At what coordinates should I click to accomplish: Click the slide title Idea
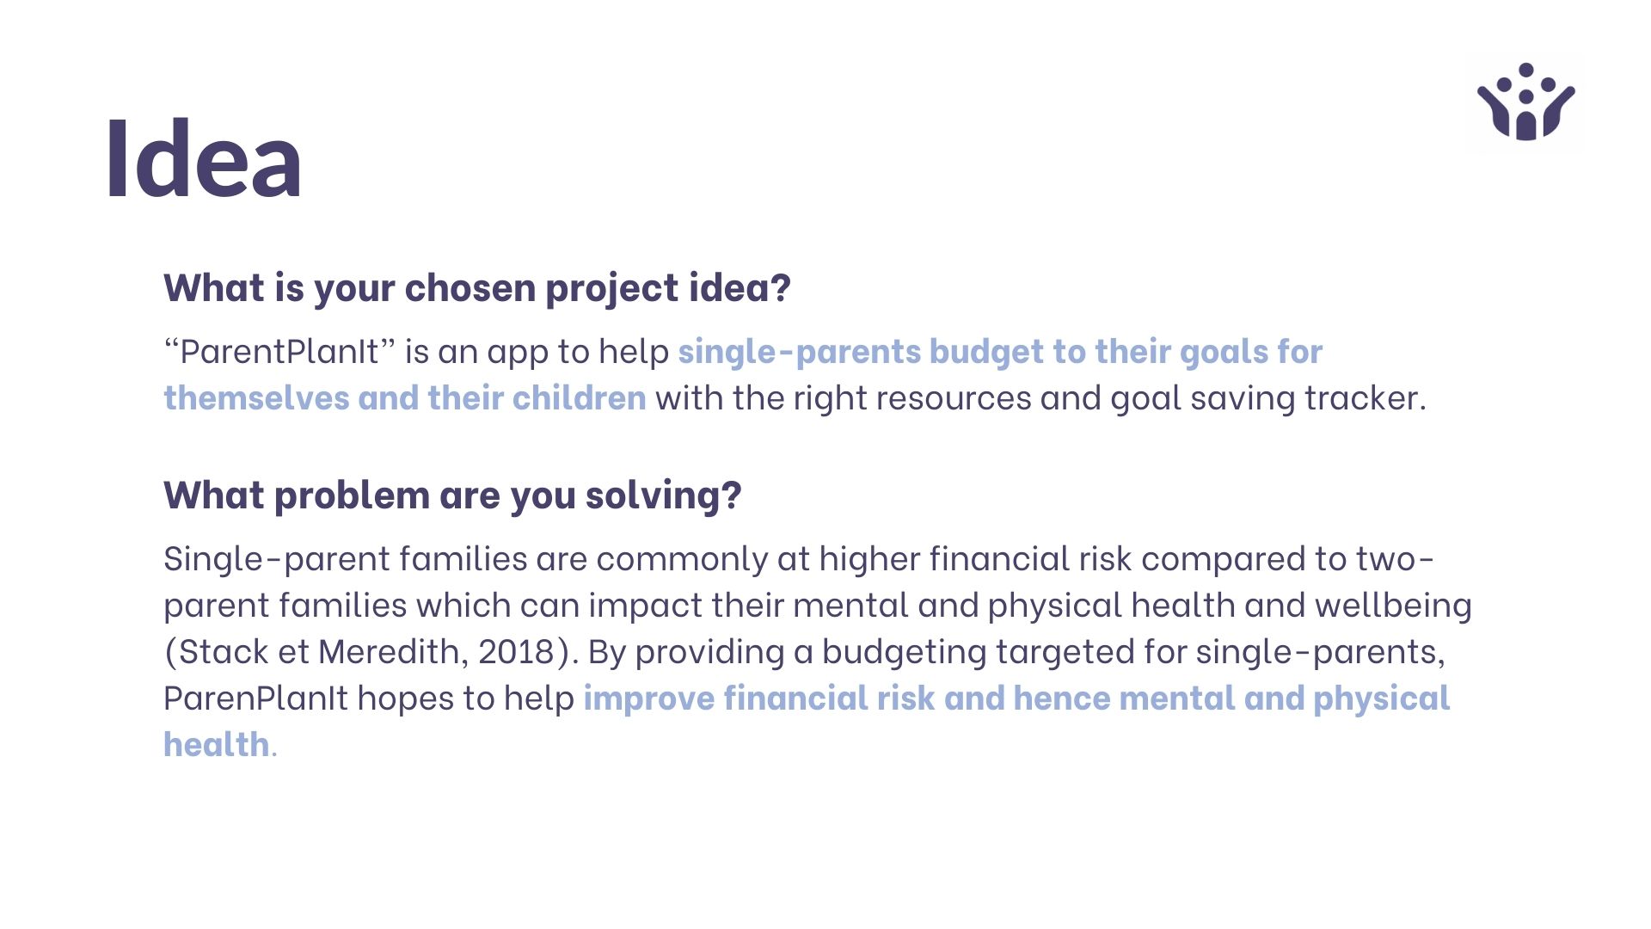(x=204, y=160)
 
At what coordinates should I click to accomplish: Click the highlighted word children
(x=579, y=398)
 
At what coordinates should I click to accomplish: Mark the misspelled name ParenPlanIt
(x=255, y=698)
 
